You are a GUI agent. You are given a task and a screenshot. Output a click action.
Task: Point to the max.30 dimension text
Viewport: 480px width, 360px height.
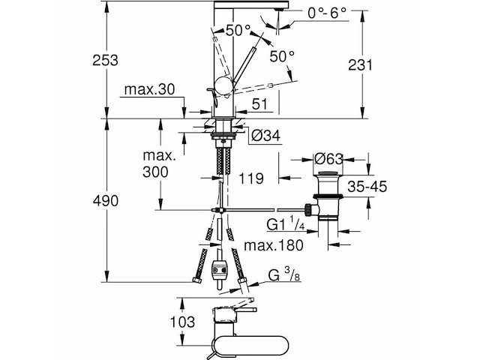[x=149, y=90]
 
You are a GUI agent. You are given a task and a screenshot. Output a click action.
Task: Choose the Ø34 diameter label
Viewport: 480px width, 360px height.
[x=266, y=135]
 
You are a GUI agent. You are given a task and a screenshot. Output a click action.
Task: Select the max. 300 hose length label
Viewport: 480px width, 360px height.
[x=159, y=163]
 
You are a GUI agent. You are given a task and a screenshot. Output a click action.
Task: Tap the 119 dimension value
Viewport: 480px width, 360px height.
[x=250, y=178]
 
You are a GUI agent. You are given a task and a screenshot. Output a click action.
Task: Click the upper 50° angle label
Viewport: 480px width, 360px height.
[x=238, y=31]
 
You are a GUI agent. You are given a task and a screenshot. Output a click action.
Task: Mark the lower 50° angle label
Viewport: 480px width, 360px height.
[x=282, y=56]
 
